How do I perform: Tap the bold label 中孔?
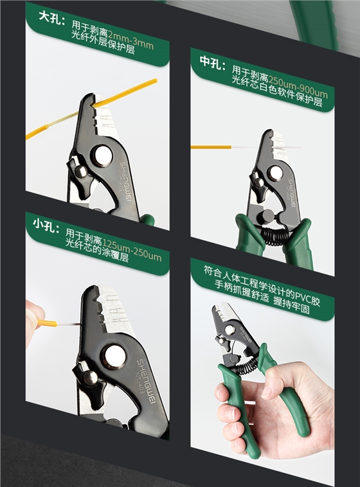pos(212,62)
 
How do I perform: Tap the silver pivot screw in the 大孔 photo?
pos(102,154)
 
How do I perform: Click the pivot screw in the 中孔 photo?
pos(275,172)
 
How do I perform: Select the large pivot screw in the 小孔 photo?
pos(114,357)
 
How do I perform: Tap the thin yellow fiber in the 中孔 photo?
pos(212,147)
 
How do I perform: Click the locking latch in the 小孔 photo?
pos(87,375)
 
